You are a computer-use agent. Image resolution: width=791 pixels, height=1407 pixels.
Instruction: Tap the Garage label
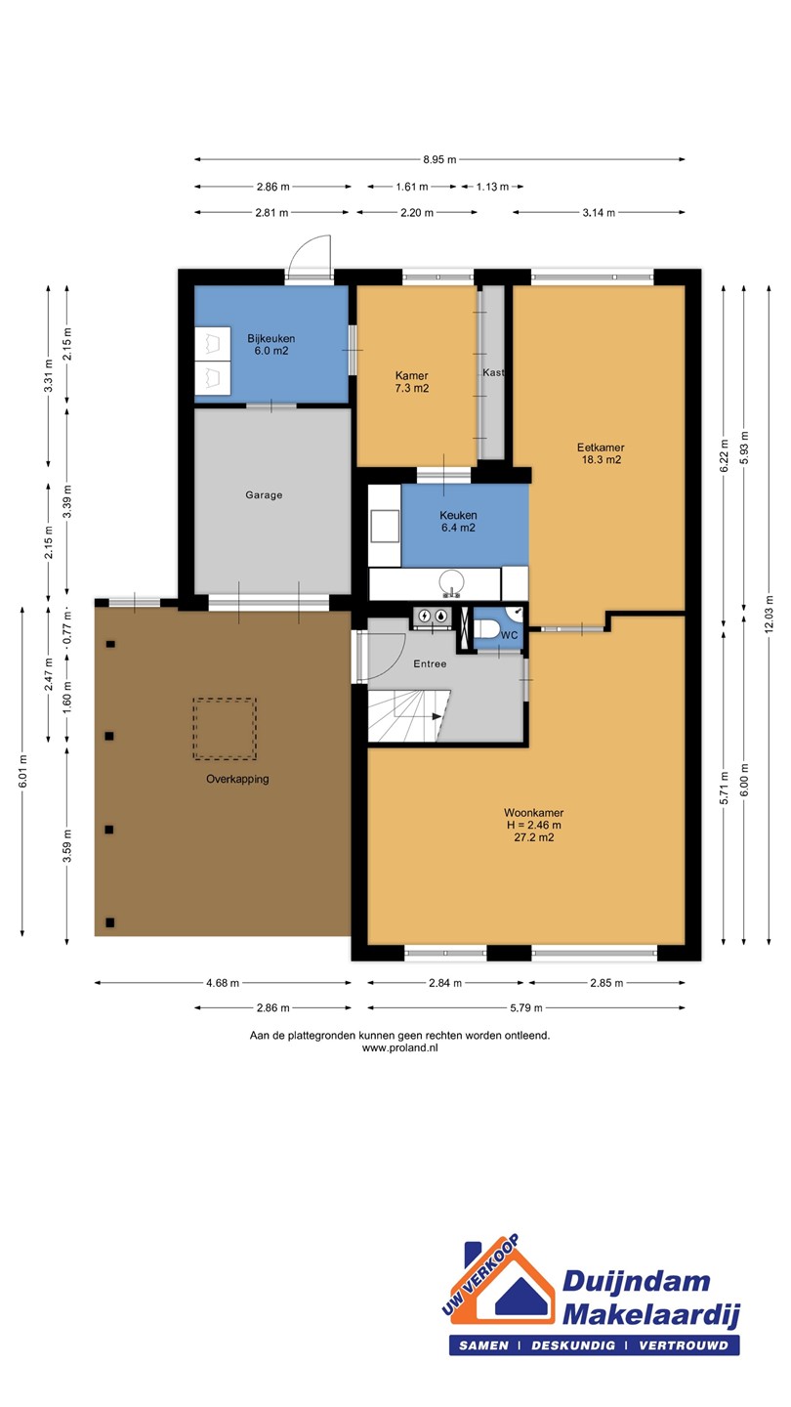click(264, 495)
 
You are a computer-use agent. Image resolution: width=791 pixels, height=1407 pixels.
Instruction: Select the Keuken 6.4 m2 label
click(458, 522)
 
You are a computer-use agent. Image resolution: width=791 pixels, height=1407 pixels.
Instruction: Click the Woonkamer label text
click(533, 813)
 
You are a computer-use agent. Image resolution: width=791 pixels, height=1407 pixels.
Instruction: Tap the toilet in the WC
click(486, 629)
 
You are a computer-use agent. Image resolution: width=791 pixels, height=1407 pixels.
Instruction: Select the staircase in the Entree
click(409, 716)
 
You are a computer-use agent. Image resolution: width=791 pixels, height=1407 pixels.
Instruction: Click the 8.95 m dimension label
click(439, 159)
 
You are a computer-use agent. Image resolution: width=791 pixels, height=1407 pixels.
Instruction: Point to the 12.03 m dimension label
click(770, 615)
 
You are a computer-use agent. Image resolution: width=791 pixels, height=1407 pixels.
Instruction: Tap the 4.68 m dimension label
click(223, 983)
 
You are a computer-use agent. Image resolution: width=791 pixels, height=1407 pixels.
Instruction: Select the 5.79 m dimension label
click(526, 1008)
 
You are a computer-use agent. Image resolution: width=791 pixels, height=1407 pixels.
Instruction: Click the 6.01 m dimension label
click(22, 771)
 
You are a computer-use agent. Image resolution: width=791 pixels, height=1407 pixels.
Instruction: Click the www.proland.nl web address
click(400, 1047)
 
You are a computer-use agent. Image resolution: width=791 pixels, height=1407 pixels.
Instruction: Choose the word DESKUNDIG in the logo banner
click(573, 1345)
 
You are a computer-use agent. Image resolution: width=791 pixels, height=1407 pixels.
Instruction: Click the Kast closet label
click(493, 372)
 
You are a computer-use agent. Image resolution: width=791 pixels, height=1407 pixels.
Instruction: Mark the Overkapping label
click(237, 780)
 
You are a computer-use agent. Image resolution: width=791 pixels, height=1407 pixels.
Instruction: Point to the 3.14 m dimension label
click(599, 212)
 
